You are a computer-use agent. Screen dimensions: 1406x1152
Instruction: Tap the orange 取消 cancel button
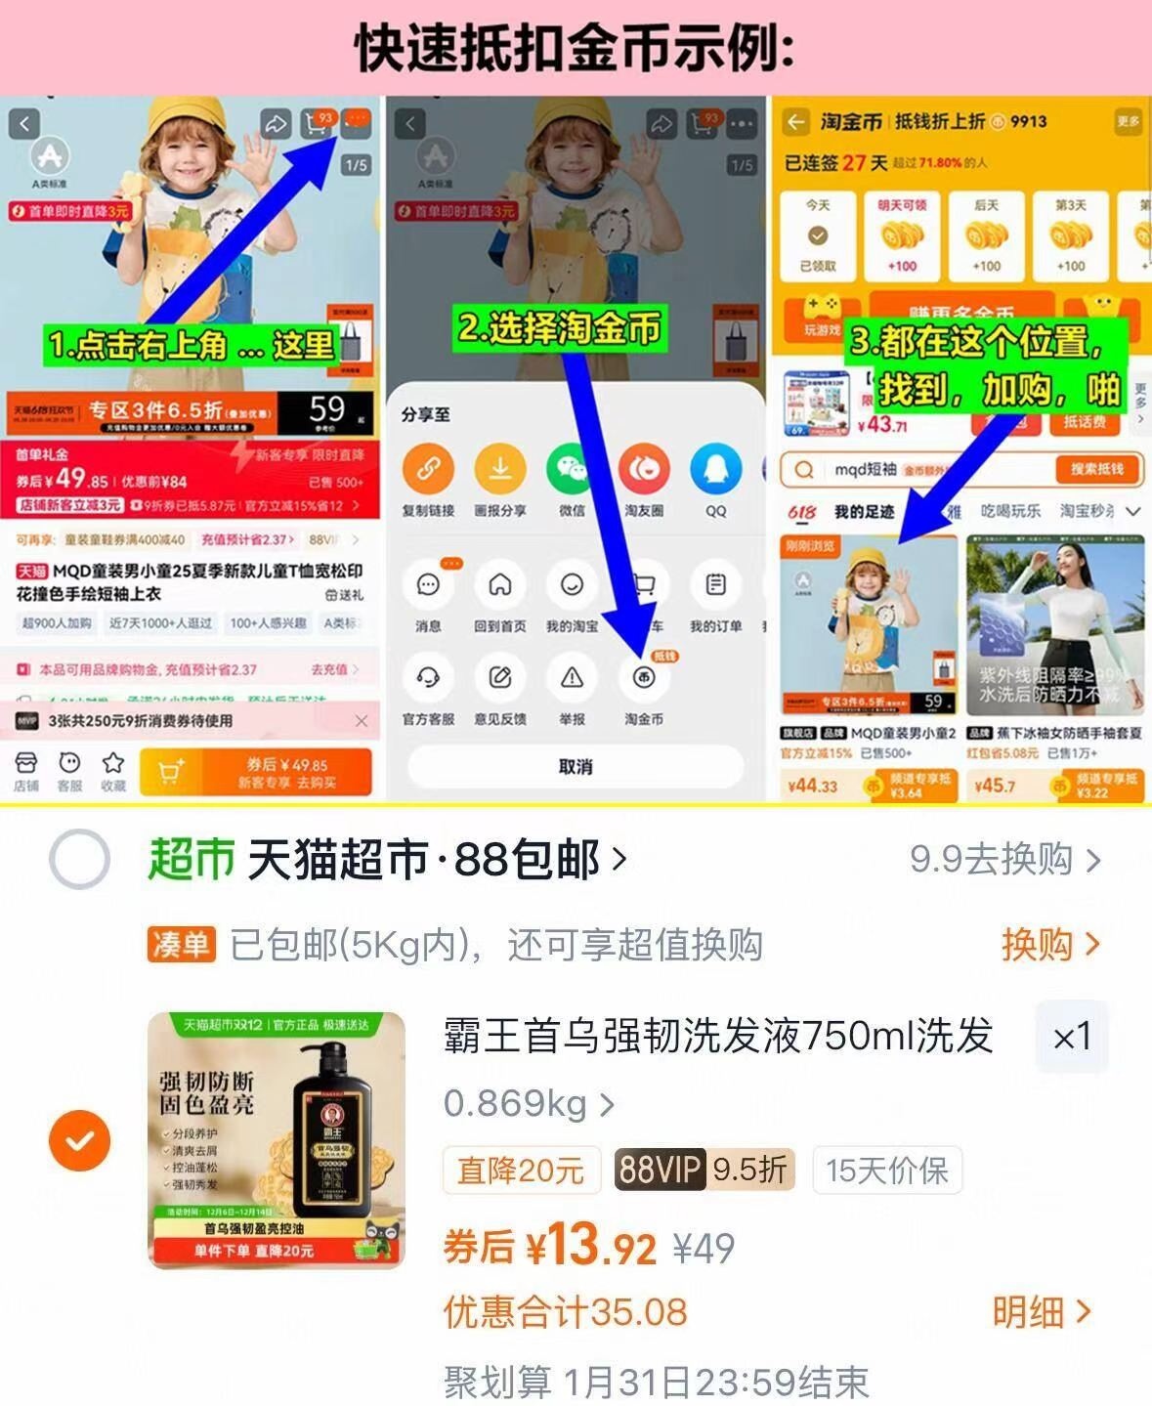click(x=575, y=766)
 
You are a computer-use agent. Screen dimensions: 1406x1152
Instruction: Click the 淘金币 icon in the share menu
click(x=643, y=678)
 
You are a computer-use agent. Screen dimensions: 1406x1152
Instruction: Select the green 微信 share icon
click(x=572, y=469)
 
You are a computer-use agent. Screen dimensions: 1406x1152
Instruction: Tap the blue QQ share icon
click(x=715, y=469)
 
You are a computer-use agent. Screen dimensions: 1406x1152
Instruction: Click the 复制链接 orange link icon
click(x=428, y=469)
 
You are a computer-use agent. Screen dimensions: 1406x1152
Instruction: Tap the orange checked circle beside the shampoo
click(x=79, y=1140)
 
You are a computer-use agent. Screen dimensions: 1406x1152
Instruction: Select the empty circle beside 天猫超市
click(x=79, y=860)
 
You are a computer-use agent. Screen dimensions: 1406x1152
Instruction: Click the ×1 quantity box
click(x=1071, y=1037)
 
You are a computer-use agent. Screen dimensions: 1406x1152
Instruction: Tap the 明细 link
click(x=1041, y=1312)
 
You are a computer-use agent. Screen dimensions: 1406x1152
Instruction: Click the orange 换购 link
click(x=1049, y=945)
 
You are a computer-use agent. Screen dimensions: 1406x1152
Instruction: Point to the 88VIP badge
click(x=660, y=1170)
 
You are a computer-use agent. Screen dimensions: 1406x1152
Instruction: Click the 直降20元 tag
click(x=521, y=1171)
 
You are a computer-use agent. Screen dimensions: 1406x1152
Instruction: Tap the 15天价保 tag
click(x=886, y=1171)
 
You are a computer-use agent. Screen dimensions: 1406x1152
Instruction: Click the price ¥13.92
click(x=591, y=1247)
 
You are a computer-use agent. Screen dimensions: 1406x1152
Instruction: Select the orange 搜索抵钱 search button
click(x=1096, y=469)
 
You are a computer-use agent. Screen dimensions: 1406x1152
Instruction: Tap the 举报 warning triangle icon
click(x=572, y=678)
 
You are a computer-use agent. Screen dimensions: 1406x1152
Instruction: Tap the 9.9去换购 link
click(x=1004, y=860)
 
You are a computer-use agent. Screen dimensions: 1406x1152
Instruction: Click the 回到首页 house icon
click(x=500, y=585)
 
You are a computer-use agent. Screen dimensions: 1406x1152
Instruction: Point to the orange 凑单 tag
click(x=181, y=945)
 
